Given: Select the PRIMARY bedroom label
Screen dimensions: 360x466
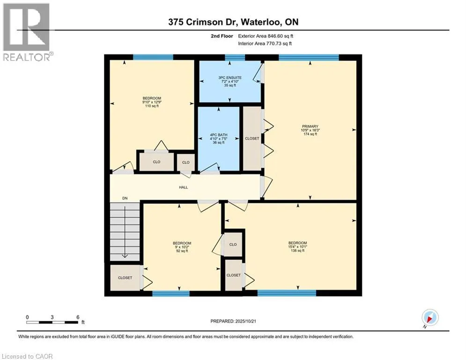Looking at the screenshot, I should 310,126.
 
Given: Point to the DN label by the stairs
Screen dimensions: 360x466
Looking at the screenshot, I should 125,198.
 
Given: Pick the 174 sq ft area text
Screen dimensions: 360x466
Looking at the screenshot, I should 310,134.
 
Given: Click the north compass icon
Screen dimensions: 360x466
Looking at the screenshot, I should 430,317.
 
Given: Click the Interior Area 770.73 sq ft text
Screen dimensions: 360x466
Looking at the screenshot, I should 265,43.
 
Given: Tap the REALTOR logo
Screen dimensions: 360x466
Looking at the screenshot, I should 26,32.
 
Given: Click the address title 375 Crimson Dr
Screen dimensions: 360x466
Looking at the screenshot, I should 233,22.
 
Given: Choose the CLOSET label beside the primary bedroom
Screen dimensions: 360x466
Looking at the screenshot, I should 252,139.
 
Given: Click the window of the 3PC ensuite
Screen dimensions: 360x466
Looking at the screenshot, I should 235,58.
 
